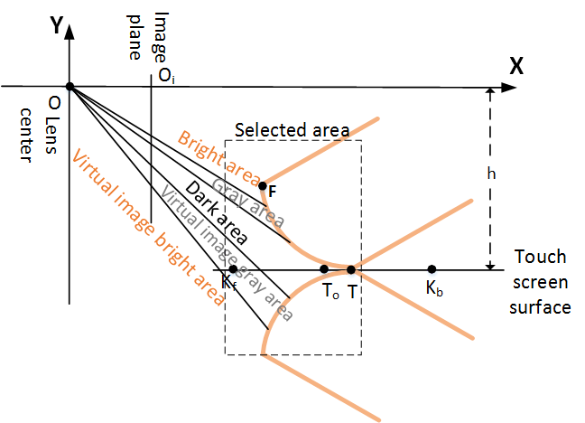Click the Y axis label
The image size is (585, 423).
click(57, 26)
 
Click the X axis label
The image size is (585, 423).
click(517, 65)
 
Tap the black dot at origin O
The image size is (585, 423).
click(70, 87)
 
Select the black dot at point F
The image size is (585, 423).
click(263, 186)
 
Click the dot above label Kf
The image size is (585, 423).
click(233, 268)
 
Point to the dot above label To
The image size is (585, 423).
click(324, 268)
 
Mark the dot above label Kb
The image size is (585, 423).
click(432, 268)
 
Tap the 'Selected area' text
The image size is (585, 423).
click(292, 130)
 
